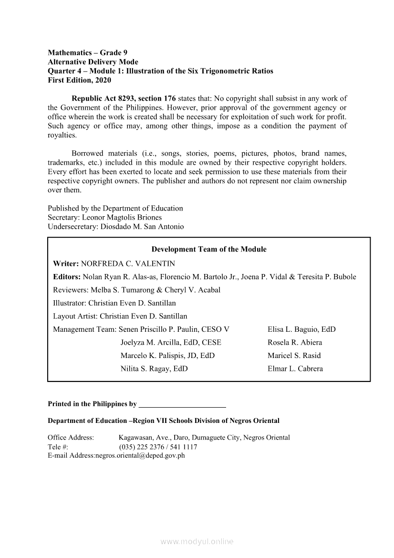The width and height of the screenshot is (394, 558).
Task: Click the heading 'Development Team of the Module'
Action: tap(209, 249)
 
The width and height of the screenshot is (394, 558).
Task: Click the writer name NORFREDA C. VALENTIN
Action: tap(128, 263)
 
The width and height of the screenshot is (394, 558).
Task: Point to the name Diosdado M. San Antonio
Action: tap(142, 227)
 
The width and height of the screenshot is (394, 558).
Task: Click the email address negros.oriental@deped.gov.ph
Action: tap(140, 455)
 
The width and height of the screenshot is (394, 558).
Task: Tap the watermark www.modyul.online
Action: tap(197, 541)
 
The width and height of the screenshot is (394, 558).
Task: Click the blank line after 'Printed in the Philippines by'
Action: tap(182, 404)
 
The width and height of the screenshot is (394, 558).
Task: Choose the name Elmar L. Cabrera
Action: tap(295, 368)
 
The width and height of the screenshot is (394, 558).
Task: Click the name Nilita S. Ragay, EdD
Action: tap(154, 368)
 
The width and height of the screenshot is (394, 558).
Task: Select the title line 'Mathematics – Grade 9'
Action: tap(88, 53)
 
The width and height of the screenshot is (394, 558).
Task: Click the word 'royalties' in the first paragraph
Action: tap(62, 135)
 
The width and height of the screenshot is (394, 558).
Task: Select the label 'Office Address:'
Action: tap(71, 438)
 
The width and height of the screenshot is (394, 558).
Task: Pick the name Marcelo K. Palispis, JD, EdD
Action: tap(167, 356)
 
